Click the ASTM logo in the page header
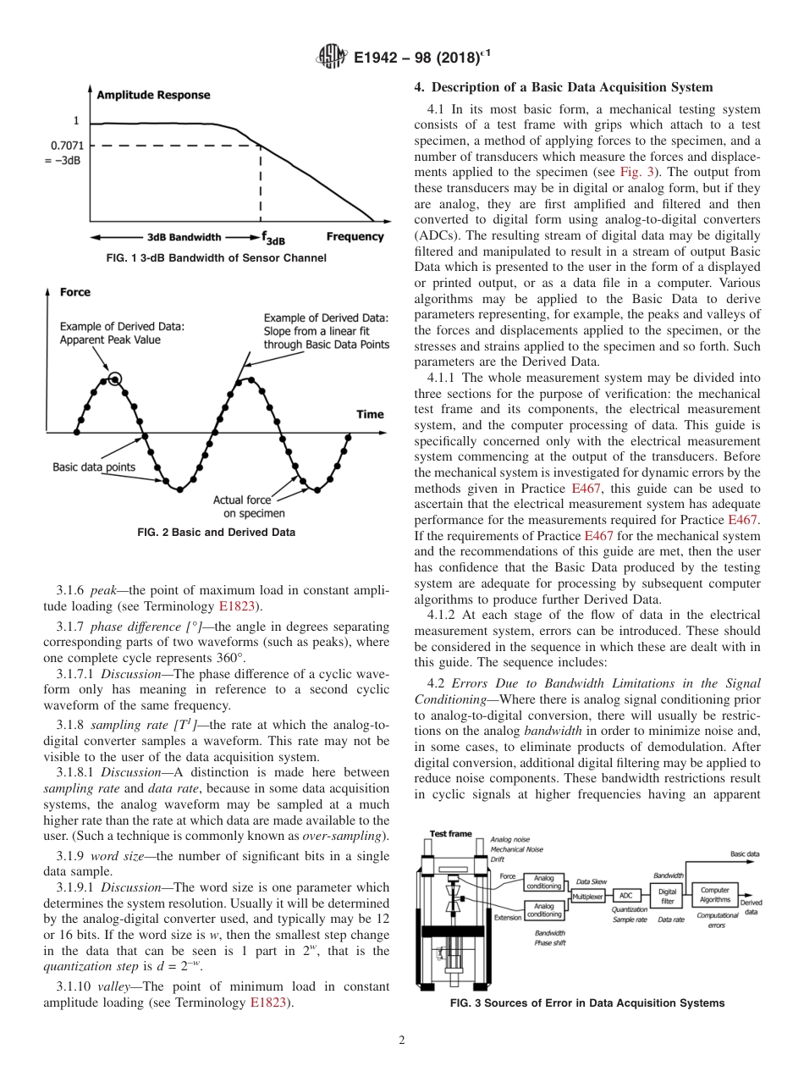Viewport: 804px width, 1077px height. (331, 58)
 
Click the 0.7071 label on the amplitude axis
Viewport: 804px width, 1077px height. (67, 145)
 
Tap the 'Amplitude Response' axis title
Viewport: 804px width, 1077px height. (153, 96)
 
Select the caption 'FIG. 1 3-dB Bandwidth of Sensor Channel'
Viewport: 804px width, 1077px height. (216, 257)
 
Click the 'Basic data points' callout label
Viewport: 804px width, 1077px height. (93, 467)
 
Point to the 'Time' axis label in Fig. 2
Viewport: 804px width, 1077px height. (370, 414)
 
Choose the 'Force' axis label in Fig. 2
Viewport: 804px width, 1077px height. (75, 292)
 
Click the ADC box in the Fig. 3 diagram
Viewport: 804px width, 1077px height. (626, 895)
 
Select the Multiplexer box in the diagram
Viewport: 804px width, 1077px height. (589, 895)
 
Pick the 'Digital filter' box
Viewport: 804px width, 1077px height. (667, 895)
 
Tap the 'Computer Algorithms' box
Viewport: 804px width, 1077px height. (715, 895)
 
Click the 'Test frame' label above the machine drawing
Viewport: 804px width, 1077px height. (451, 834)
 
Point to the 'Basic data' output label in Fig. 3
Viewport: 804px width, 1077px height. (744, 854)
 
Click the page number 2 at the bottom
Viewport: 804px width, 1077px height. (401, 1041)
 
